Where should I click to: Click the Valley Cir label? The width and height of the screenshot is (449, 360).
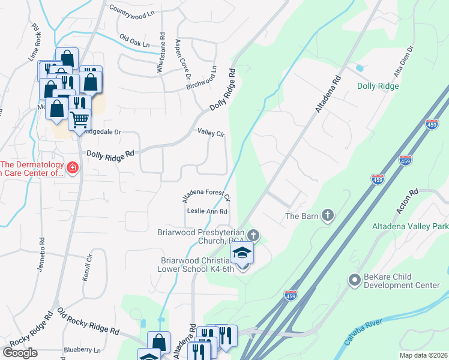[210, 133]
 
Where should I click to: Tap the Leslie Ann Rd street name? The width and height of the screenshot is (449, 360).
[207, 211]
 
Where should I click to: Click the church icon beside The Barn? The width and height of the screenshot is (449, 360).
[327, 215]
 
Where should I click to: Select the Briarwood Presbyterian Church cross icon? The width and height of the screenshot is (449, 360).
[253, 235]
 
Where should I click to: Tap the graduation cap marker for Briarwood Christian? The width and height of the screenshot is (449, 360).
[243, 253]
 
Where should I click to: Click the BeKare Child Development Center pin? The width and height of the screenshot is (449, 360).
[354, 280]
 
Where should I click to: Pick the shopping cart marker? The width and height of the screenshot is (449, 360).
[79, 120]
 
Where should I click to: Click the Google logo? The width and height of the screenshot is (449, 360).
[20, 352]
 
